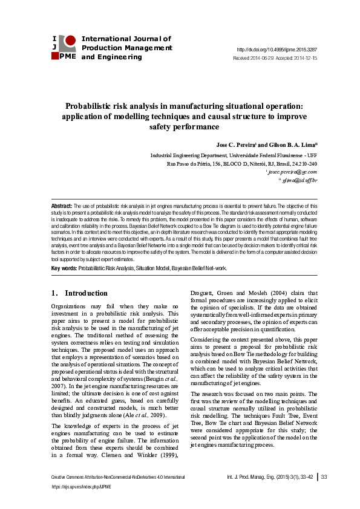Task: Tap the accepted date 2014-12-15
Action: pos(304,58)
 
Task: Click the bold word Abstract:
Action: pos(62,206)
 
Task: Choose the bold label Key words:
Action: pos(64,267)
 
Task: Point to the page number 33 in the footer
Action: pos(324,478)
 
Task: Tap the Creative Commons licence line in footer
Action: pos(109,478)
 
